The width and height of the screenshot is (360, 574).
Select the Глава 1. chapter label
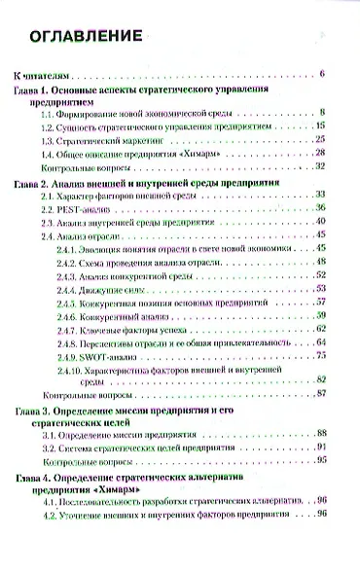38,89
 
